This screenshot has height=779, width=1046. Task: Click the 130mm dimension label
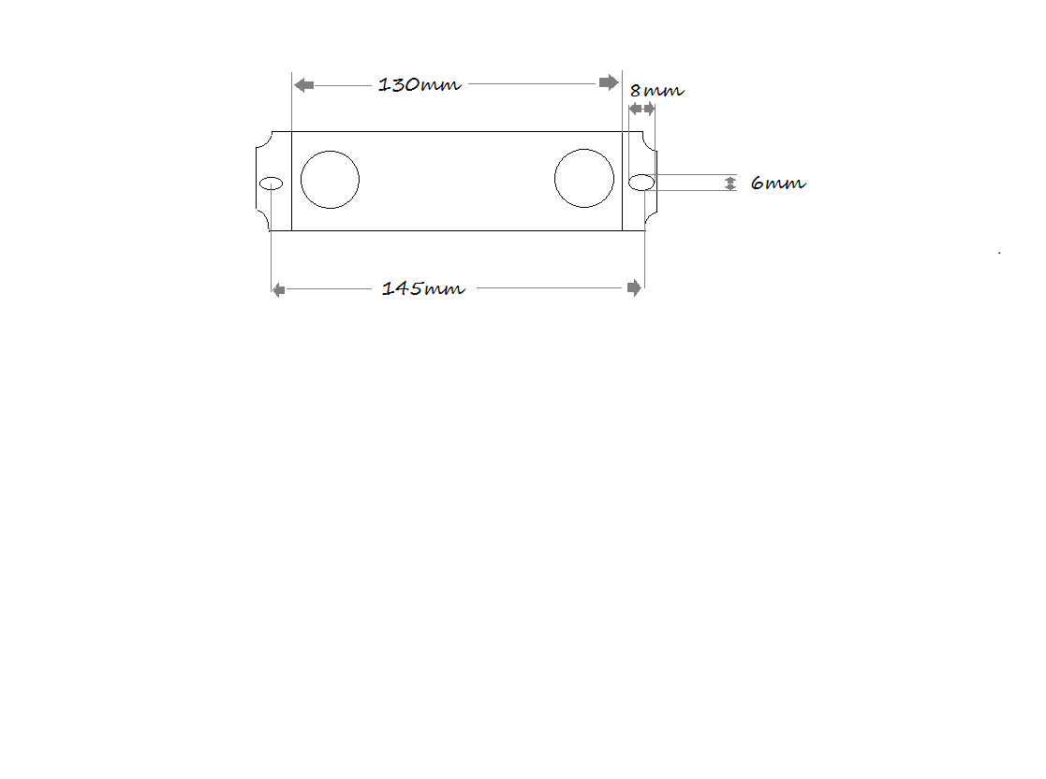point(419,84)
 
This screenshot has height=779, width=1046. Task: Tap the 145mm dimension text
point(423,288)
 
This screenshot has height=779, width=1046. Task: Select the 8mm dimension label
point(656,90)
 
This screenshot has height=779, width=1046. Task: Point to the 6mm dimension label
point(778,183)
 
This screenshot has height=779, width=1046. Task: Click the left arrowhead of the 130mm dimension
point(304,84)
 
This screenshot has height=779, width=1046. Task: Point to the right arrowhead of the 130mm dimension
point(609,82)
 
